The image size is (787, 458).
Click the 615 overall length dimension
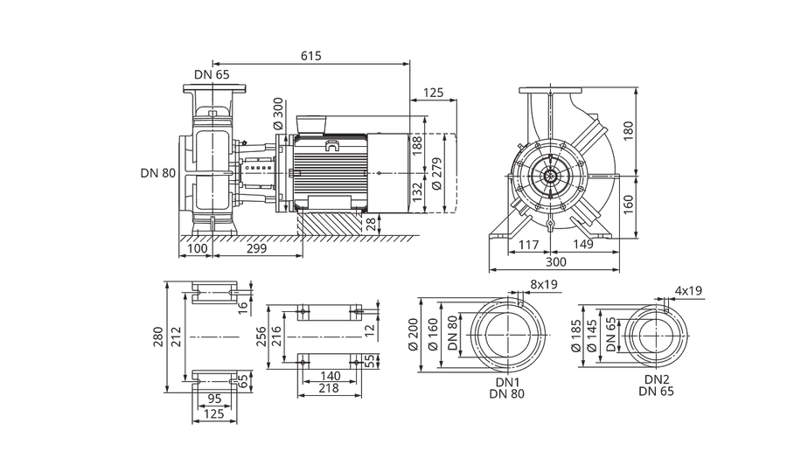coord(311,56)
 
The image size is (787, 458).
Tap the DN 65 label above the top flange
coord(212,75)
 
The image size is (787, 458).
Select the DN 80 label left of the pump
coord(158,173)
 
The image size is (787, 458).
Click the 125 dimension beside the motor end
coord(433,93)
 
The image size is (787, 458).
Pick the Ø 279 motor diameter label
coord(436,174)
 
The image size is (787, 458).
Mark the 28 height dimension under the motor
coord(371,224)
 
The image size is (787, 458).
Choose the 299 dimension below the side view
coord(257,248)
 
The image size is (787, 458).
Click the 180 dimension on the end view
coord(629,131)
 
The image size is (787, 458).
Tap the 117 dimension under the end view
coord(528,245)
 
